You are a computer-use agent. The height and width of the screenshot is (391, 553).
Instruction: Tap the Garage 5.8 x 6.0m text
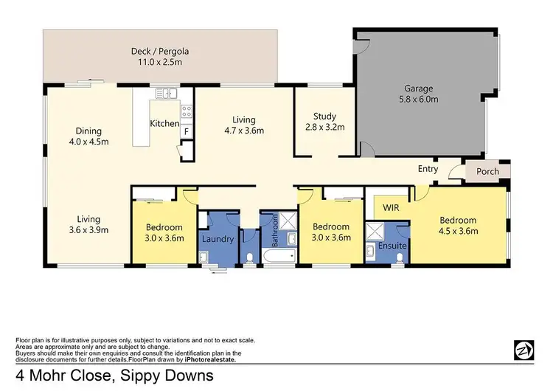(x=419, y=94)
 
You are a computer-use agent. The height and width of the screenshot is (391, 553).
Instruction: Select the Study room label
(x=325, y=117)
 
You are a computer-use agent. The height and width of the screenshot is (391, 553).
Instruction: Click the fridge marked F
(x=187, y=131)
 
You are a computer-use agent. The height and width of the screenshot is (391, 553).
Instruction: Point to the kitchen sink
(x=166, y=93)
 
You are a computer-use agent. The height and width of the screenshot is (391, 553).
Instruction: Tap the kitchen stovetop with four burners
(x=187, y=111)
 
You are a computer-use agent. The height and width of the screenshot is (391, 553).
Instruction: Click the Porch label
(x=488, y=171)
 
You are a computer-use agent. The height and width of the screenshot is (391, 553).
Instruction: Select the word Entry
(x=428, y=169)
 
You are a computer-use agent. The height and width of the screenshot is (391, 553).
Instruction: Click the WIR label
(x=391, y=207)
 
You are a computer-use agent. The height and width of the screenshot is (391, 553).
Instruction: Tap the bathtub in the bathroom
(x=279, y=255)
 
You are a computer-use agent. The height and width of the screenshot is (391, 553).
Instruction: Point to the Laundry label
(x=218, y=239)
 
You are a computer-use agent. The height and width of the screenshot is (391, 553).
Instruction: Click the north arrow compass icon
(x=524, y=350)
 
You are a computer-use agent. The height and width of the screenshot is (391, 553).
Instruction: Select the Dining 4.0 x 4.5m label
(x=88, y=136)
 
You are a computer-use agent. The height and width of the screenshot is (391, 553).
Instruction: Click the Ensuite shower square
(x=375, y=232)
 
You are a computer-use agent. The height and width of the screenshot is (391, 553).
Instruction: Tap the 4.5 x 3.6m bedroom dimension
(x=458, y=231)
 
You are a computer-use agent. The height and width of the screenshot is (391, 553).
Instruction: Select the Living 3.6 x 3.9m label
(x=88, y=225)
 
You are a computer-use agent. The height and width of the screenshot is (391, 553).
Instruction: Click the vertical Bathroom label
(x=275, y=230)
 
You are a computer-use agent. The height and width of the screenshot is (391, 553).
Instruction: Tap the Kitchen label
(x=164, y=123)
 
